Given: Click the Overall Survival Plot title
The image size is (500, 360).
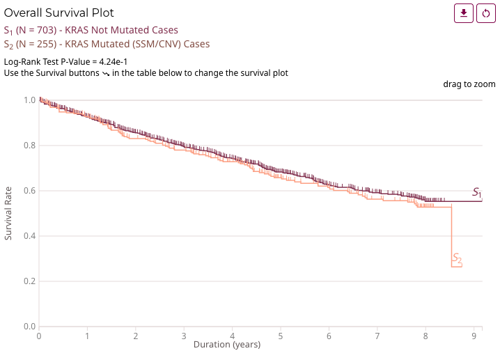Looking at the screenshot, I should coord(59,13).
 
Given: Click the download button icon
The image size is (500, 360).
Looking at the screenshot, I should coord(464,13).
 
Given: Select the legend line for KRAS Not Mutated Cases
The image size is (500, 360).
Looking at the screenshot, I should coord(91,30).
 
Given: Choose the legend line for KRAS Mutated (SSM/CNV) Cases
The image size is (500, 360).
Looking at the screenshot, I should coord(107,44).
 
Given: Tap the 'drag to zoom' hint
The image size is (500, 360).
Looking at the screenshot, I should coord(469,84).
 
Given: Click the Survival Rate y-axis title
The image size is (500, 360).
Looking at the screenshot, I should coord(8,213).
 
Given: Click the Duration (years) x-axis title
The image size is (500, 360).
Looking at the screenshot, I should coord(227,345).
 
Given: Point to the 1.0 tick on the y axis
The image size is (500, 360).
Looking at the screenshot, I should coord(29,100).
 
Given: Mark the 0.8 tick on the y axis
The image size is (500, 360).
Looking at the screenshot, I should coord(29,146).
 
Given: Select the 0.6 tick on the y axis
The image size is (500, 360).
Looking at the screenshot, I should coord(29,191).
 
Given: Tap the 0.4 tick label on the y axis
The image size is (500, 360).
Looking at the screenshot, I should coord(29,236).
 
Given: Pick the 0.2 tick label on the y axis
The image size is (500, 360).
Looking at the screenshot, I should coord(29,281).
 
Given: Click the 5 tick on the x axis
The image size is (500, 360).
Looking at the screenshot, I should coord(280,336).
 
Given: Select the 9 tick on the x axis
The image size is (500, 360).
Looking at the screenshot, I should coord(474,336).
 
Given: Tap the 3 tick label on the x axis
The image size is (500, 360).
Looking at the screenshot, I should coord(183,336).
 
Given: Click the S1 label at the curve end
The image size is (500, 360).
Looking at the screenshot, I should coord(477,192).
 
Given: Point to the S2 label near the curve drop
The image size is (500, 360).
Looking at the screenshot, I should coord(457,258).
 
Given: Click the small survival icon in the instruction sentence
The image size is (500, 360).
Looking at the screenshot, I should coord(105,73).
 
